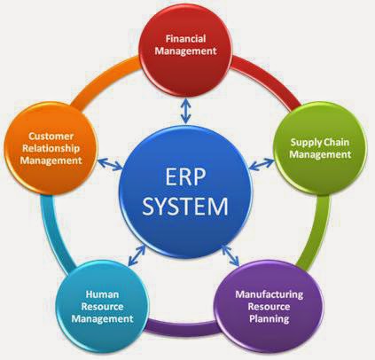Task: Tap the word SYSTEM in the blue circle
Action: (x=185, y=206)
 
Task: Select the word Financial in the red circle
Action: (x=185, y=38)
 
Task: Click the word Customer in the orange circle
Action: (x=51, y=136)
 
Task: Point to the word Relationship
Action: (x=51, y=148)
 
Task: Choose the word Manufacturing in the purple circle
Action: (x=270, y=294)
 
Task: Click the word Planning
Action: (x=269, y=318)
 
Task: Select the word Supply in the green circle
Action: (x=305, y=143)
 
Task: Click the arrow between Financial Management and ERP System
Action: (x=185, y=111)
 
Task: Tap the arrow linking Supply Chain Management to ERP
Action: (x=262, y=164)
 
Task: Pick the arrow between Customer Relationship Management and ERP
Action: (x=110, y=164)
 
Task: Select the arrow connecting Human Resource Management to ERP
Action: (x=137, y=254)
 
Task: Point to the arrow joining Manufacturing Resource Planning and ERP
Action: (x=230, y=254)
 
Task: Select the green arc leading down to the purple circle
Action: (x=316, y=233)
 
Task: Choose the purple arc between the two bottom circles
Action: (x=183, y=326)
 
